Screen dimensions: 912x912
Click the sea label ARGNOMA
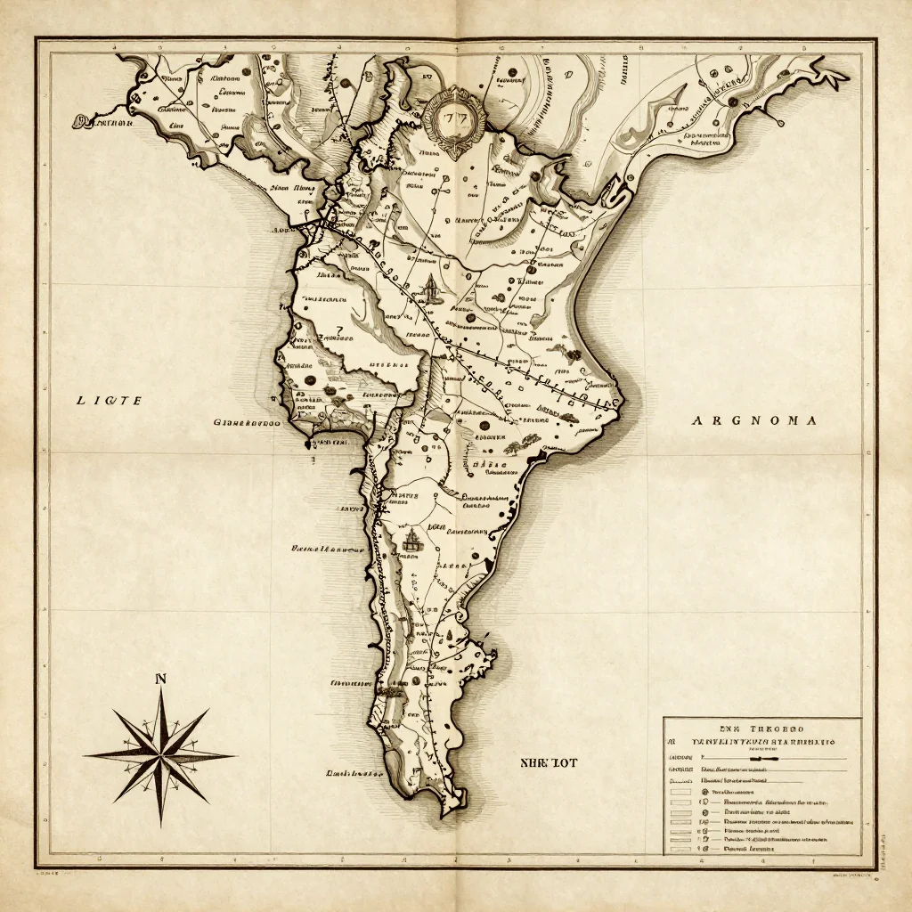click(x=753, y=420)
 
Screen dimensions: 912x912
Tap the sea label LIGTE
click(x=109, y=402)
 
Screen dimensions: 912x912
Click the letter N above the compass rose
click(x=161, y=680)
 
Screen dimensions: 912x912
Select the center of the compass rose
click(x=161, y=754)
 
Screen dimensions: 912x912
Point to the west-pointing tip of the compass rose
click(x=86, y=755)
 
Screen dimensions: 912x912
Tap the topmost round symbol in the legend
click(x=705, y=791)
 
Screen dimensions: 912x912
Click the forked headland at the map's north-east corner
click(x=835, y=75)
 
